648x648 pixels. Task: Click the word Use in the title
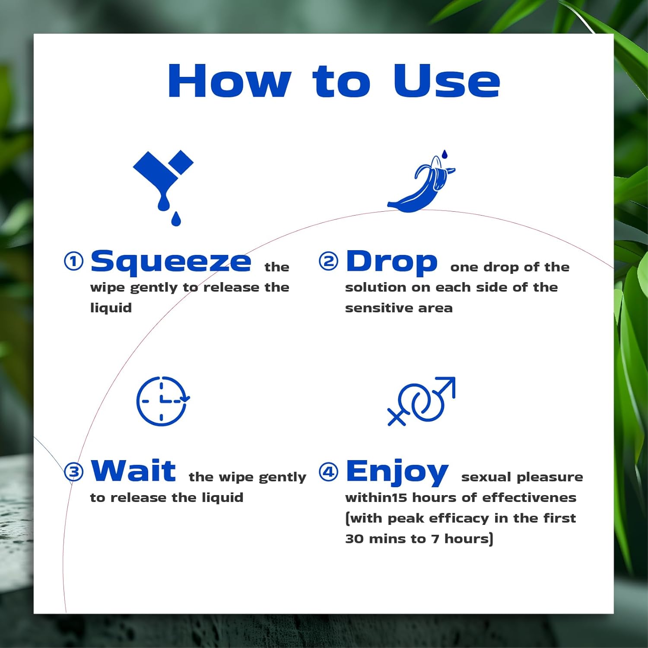tap(447, 81)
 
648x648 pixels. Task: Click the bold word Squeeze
tap(171, 262)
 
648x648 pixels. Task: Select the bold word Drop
tap(391, 262)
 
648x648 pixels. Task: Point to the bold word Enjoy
tap(397, 473)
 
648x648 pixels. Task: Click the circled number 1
tap(73, 261)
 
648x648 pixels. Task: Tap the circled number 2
tap(328, 261)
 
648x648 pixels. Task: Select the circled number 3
tap(73, 471)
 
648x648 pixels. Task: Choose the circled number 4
tap(328, 471)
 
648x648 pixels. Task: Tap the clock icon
tap(162, 401)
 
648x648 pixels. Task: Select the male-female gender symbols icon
tap(422, 401)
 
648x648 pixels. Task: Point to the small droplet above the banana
tap(445, 154)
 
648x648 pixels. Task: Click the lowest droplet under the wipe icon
tap(176, 219)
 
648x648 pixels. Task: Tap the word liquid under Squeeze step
tap(111, 308)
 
